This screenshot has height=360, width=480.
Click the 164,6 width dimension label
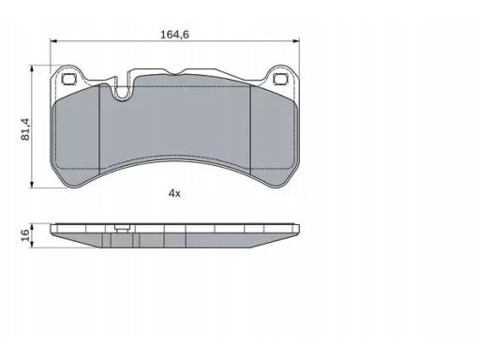point(174,35)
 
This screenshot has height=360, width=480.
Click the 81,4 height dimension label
point(25,128)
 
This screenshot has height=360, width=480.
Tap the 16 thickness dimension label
point(25,234)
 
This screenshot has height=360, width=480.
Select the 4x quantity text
point(174,194)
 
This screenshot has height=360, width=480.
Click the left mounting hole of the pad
point(69,79)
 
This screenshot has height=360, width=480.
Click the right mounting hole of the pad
point(280,79)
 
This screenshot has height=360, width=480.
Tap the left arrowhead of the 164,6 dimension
point(53,40)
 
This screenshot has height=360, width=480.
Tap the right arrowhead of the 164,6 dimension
point(296,40)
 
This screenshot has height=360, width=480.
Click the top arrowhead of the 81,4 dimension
point(31,68)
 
